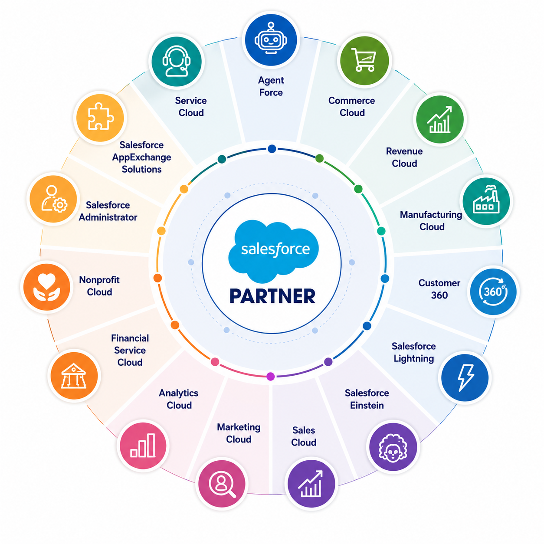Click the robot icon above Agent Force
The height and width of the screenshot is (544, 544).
[271, 39]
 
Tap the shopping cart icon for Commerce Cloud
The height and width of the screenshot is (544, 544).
[364, 60]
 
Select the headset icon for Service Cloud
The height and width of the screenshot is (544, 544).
[177, 61]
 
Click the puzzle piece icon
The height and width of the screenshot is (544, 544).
[100, 117]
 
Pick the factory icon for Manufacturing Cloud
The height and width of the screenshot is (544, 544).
[486, 201]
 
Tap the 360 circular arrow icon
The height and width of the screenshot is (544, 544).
[493, 292]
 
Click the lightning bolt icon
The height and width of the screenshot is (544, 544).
[465, 378]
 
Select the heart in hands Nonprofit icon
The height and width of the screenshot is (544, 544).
[46, 287]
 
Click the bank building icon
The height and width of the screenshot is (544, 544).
[74, 376]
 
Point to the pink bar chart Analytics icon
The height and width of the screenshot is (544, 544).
[143, 446]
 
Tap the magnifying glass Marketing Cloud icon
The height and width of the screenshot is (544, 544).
[222, 483]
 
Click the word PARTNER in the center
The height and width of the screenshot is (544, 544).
[272, 296]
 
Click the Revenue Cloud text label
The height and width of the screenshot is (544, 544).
[404, 157]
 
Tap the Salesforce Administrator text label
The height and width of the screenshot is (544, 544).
[108, 211]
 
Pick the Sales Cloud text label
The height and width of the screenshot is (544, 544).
[304, 436]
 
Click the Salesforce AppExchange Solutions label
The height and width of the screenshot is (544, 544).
[141, 157]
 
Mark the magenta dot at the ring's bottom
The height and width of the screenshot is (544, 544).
[270, 376]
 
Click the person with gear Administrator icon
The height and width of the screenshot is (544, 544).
[53, 199]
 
